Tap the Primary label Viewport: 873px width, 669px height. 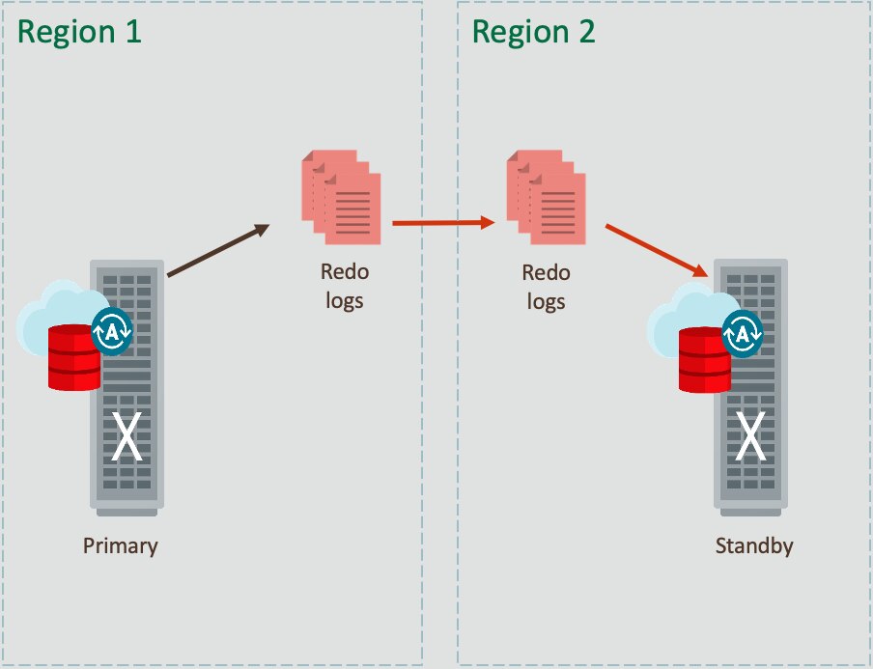coord(120,545)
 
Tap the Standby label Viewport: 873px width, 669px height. coord(754,545)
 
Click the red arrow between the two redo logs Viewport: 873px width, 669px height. coord(443,223)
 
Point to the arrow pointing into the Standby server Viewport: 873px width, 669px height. coord(658,250)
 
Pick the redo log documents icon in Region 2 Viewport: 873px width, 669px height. coord(546,197)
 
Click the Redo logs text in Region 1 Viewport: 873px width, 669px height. coord(345,286)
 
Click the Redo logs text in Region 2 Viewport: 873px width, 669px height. coord(547,287)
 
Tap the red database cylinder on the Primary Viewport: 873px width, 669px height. coord(74,357)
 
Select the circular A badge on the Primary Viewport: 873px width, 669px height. coord(110,331)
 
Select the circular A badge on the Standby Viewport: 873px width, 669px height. coord(742,334)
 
